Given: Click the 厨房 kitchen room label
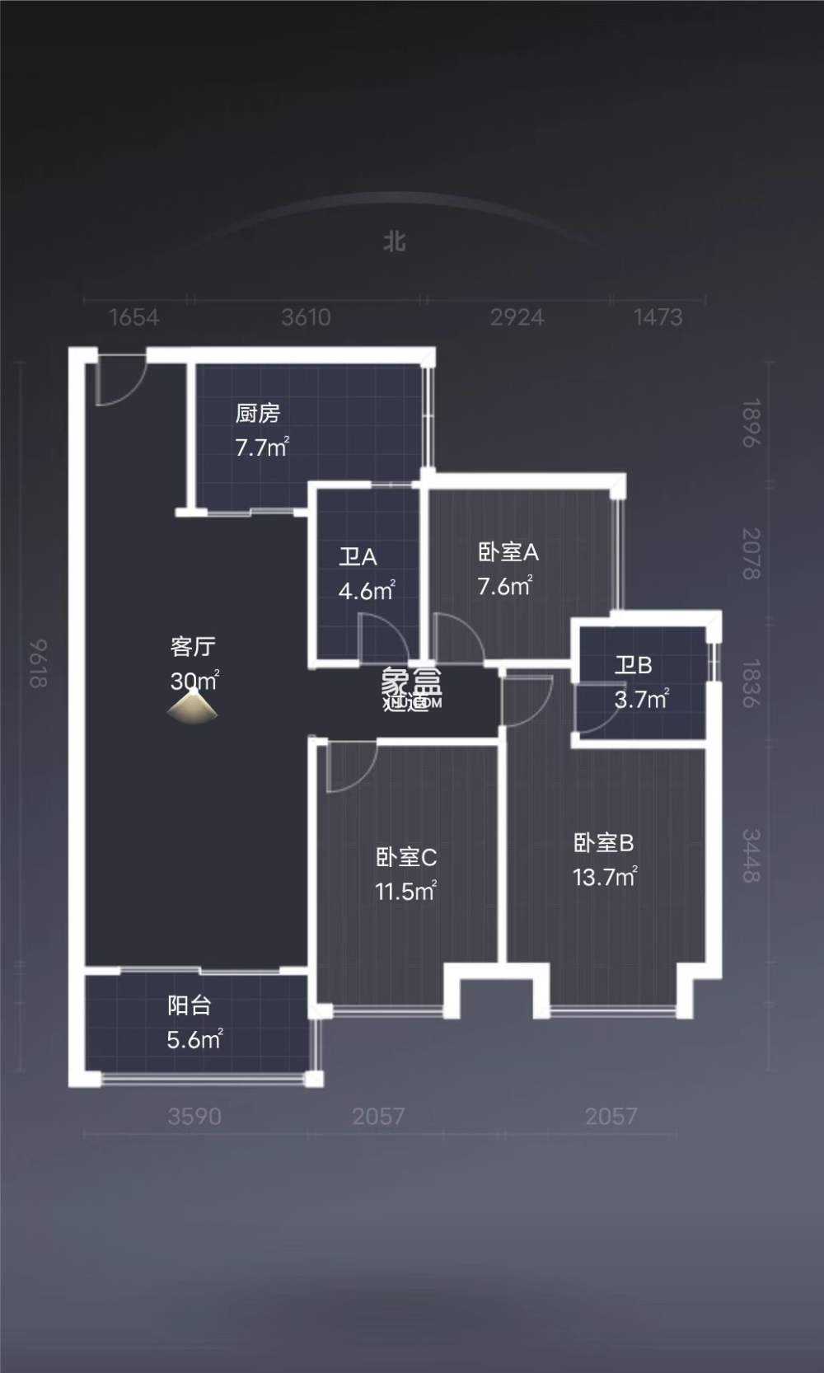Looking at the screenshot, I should tap(258, 413).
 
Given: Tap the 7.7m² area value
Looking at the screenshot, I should tap(261, 448).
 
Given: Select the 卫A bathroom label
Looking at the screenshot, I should tap(358, 556).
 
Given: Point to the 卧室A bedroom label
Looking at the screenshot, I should tap(508, 551).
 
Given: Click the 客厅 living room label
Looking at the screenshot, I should tap(193, 646).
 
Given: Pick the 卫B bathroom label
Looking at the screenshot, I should tap(633, 664).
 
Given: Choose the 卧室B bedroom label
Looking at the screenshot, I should tap(603, 842).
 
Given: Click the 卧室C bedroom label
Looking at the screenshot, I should tap(406, 857).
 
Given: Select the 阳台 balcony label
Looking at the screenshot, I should tap(190, 1005).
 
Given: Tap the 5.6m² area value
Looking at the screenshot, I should tap(194, 1039).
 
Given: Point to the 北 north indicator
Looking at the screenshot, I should tap(395, 241).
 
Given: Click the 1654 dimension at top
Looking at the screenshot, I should tap(134, 317).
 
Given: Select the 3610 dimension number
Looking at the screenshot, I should tap(306, 317).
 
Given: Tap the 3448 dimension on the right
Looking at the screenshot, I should tap(750, 855).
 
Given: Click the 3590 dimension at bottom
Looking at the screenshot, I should tap(194, 1116).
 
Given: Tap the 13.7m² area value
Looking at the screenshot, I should tap(605, 877).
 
